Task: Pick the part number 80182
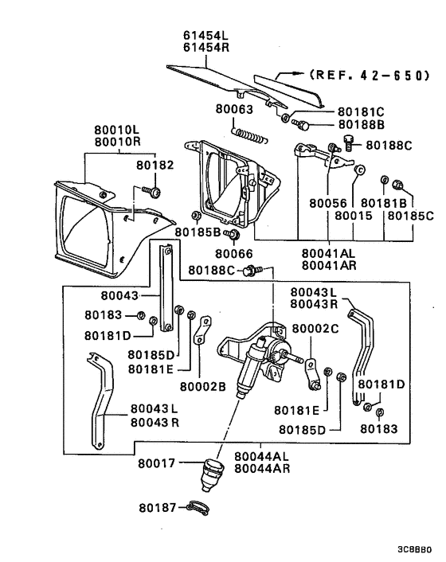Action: pyautogui.click(x=155, y=165)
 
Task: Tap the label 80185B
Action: pyautogui.click(x=200, y=232)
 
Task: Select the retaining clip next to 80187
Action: pyautogui.click(x=200, y=507)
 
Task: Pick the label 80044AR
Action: pyautogui.click(x=261, y=469)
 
